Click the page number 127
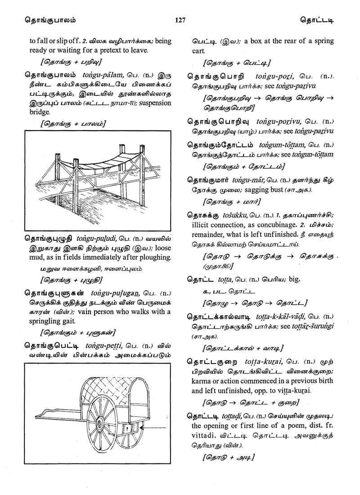[180, 20]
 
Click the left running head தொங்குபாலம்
[38, 20]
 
